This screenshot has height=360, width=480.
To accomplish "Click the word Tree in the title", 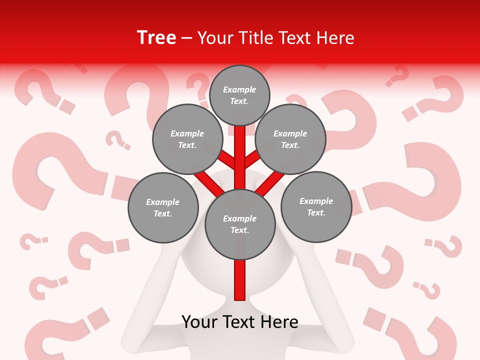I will tap(156, 38).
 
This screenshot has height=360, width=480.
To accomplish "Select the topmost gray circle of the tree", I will tap(239, 95).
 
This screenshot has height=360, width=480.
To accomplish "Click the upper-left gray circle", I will tap(187, 139).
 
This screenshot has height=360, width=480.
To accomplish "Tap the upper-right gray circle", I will tap(290, 139).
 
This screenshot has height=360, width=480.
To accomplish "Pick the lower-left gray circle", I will tap(163, 207).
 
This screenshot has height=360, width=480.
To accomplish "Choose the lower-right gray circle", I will tap(316, 207).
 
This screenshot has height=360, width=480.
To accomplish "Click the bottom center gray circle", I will tap(240, 224).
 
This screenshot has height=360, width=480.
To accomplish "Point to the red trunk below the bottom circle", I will tap(240, 280).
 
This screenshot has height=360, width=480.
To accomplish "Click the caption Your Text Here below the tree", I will tap(240, 322).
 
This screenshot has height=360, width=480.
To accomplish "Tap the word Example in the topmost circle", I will tap(239, 90).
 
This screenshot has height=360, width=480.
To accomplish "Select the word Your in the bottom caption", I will tap(199, 322).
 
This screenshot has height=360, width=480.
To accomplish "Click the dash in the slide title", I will tap(186, 38).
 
